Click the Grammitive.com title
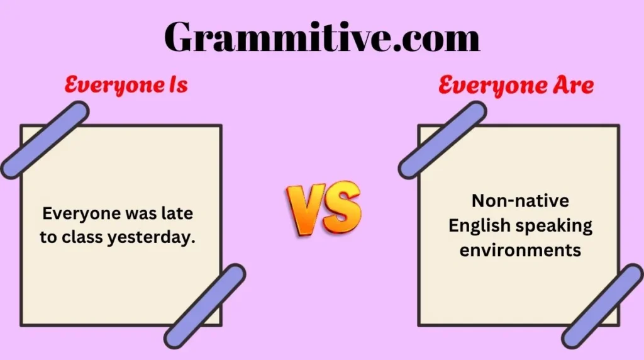point(322,38)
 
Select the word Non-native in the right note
point(520,201)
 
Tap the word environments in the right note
point(520,249)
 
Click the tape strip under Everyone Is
point(45,140)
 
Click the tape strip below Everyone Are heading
point(442,140)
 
